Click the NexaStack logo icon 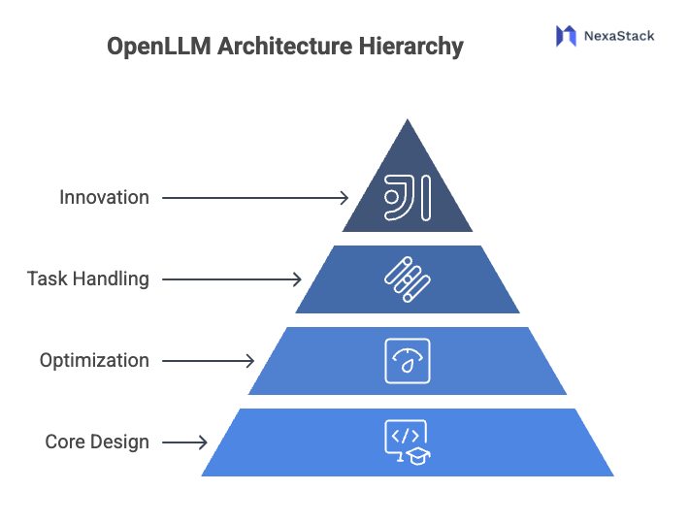(x=566, y=36)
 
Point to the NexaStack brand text (x=618, y=36)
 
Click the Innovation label (x=104, y=197)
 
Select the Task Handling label (x=87, y=278)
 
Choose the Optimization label (x=94, y=360)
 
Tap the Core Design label (x=97, y=442)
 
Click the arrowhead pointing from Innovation (x=344, y=197)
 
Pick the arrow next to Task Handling (x=232, y=279)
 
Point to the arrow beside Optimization (x=208, y=361)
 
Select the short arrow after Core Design (x=184, y=442)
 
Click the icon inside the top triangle (x=408, y=197)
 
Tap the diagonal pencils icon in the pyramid (x=408, y=278)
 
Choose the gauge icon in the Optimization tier (x=408, y=360)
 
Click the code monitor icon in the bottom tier (x=406, y=440)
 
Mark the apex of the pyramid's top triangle (x=408, y=118)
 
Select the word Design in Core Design (x=122, y=442)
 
